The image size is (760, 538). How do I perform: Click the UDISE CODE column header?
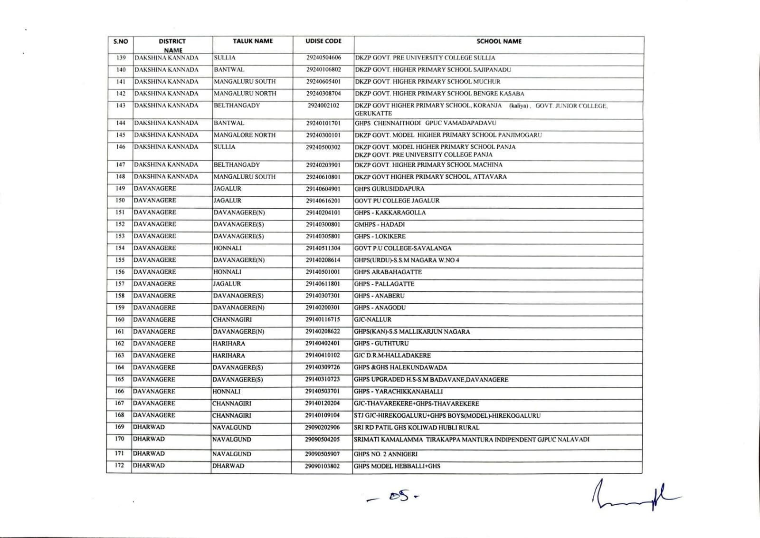pyautogui.click(x=323, y=41)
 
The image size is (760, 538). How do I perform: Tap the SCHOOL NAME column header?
pyautogui.click(x=499, y=41)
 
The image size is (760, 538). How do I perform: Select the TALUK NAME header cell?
pyautogui.click(x=253, y=41)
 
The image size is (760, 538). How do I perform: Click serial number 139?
pyautogui.click(x=121, y=58)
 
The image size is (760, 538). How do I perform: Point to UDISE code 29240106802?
pyautogui.click(x=323, y=70)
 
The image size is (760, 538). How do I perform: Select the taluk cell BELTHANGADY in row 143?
pyautogui.click(x=237, y=106)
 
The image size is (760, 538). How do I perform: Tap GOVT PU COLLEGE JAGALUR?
pyautogui.click(x=397, y=201)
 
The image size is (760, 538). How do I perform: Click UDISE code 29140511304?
pyautogui.click(x=323, y=248)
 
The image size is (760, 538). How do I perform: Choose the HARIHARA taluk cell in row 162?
pyautogui.click(x=228, y=344)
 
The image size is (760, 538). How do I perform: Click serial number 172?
pyautogui.click(x=119, y=466)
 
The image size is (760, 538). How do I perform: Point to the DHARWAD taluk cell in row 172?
pyautogui.click(x=228, y=466)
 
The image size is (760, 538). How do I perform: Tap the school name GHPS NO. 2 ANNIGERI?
pyautogui.click(x=385, y=454)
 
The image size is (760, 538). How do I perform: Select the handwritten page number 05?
pyautogui.click(x=394, y=497)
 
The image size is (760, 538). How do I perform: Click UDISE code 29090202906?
pyautogui.click(x=323, y=428)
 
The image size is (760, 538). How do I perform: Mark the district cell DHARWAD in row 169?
pyautogui.click(x=149, y=427)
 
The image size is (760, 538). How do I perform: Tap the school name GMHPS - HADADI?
pyautogui.click(x=379, y=224)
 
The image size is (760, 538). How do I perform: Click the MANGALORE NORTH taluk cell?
pyautogui.click(x=244, y=135)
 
